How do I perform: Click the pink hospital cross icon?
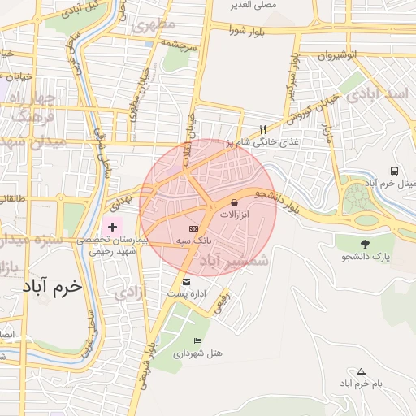[x=112, y=222]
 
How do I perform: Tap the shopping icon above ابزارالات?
[x=235, y=202]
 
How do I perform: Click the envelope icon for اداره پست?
[x=187, y=281]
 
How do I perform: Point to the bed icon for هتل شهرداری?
[x=197, y=340]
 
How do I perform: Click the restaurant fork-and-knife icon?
[x=262, y=129]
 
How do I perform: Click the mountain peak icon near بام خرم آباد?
[x=362, y=370]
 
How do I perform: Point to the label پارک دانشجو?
[x=371, y=257]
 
